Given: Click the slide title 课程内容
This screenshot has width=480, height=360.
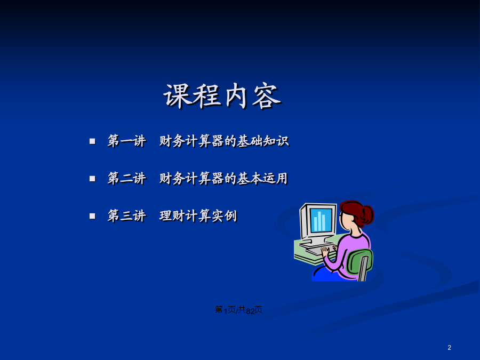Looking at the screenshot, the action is tap(222, 96).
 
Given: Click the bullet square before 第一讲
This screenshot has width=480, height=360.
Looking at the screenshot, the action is tap(92, 141).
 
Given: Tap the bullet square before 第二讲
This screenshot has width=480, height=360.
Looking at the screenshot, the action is tap(92, 179).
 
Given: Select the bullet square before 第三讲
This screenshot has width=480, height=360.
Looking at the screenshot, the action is tap(92, 216).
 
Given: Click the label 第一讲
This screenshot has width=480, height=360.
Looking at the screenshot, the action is tap(127, 141).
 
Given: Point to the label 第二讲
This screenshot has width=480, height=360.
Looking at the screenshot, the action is tap(127, 179).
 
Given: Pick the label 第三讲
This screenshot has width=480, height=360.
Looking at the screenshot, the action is tap(127, 216).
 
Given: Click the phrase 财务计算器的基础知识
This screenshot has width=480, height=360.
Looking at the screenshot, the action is tap(224, 141).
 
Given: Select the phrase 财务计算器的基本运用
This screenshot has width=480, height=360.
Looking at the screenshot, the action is tap(223, 179).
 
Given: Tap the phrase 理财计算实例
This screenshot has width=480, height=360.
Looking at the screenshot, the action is tap(198, 216).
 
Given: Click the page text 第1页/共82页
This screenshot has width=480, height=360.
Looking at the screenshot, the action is tap(238, 310).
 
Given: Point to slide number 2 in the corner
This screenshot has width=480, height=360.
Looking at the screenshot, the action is tap(450, 347).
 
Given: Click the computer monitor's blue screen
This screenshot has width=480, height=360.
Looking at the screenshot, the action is tap(321, 220).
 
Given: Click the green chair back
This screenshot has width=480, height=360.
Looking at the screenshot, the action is tap(359, 262).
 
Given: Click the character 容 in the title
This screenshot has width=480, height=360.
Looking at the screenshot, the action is tap(267, 97).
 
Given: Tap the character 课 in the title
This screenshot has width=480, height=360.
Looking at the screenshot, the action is tap(178, 96).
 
